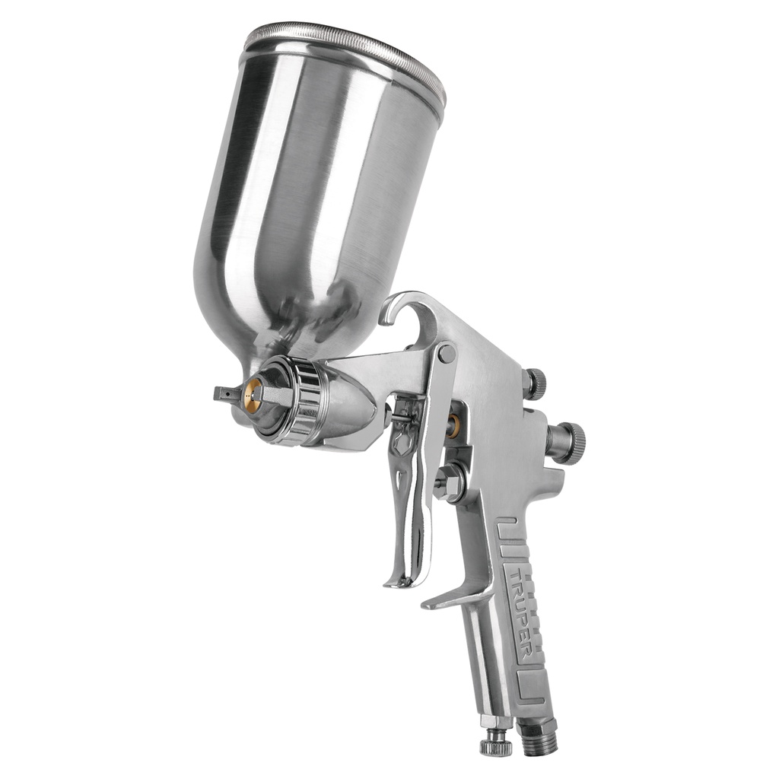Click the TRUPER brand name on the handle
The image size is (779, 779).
520,609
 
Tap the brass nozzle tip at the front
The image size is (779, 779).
253,396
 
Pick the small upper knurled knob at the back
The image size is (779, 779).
535,383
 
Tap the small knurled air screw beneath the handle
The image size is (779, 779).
496,742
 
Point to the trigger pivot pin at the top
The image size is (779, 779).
447,354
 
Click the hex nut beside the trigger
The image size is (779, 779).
450,482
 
